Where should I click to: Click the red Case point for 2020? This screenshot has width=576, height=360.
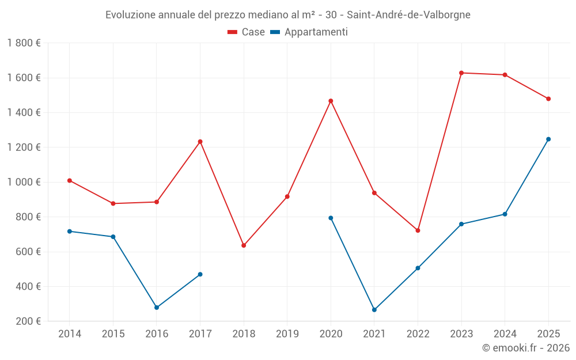(x=331, y=101)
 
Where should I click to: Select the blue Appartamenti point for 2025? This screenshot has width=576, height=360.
(x=548, y=139)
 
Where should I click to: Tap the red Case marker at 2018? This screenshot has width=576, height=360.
(x=244, y=245)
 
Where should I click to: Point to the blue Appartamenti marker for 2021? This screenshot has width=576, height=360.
(x=374, y=310)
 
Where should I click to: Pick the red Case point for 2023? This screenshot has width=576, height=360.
(x=461, y=73)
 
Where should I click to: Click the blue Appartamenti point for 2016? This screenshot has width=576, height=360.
(x=157, y=308)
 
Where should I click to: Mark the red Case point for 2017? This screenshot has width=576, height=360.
(x=200, y=141)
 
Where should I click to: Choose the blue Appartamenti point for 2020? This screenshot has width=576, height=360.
(x=331, y=218)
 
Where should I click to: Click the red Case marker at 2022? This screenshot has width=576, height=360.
(x=418, y=230)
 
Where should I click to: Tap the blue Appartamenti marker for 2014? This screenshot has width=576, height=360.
(x=70, y=231)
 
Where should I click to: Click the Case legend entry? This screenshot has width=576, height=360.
(x=247, y=32)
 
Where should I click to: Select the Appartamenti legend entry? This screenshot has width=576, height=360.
(x=309, y=32)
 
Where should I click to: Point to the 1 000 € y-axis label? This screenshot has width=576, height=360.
(x=24, y=182)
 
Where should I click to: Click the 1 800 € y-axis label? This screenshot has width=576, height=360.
(x=24, y=43)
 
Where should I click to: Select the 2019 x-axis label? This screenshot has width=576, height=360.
(x=287, y=334)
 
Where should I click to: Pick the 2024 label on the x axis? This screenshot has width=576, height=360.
(x=505, y=334)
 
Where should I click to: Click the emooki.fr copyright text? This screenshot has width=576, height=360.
(x=525, y=348)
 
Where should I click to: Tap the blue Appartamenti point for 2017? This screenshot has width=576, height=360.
(x=200, y=274)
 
